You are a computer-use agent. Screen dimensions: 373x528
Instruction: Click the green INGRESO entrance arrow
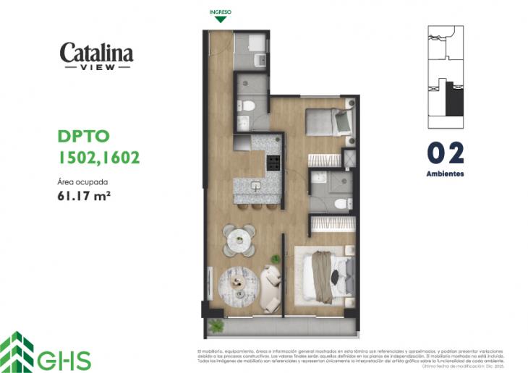point(221,20)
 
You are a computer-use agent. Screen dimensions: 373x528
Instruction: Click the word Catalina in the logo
point(96,53)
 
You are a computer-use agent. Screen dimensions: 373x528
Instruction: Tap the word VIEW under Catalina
point(96,67)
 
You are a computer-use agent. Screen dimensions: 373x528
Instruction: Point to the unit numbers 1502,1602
point(98,157)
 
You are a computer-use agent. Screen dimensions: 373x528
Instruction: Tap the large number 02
point(445,154)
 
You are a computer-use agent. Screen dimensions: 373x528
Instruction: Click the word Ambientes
point(445,174)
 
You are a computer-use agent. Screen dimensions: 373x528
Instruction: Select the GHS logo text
point(70,360)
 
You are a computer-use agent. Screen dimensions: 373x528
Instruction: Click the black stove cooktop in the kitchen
point(274,163)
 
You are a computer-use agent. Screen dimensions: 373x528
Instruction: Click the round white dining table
point(238,240)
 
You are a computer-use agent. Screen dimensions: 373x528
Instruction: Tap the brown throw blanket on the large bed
point(321,276)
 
